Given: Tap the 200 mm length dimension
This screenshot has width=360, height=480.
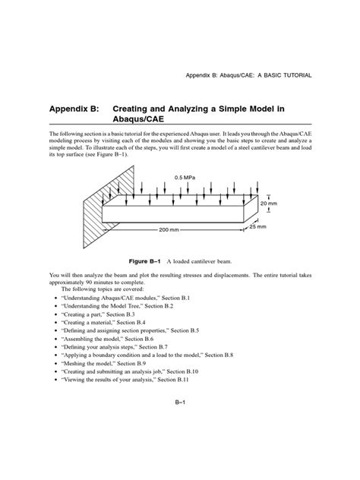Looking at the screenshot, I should point(168,229).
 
